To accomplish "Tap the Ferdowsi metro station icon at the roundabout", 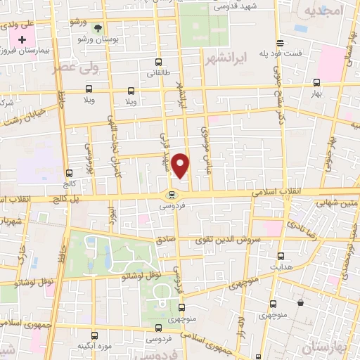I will click(171, 195).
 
